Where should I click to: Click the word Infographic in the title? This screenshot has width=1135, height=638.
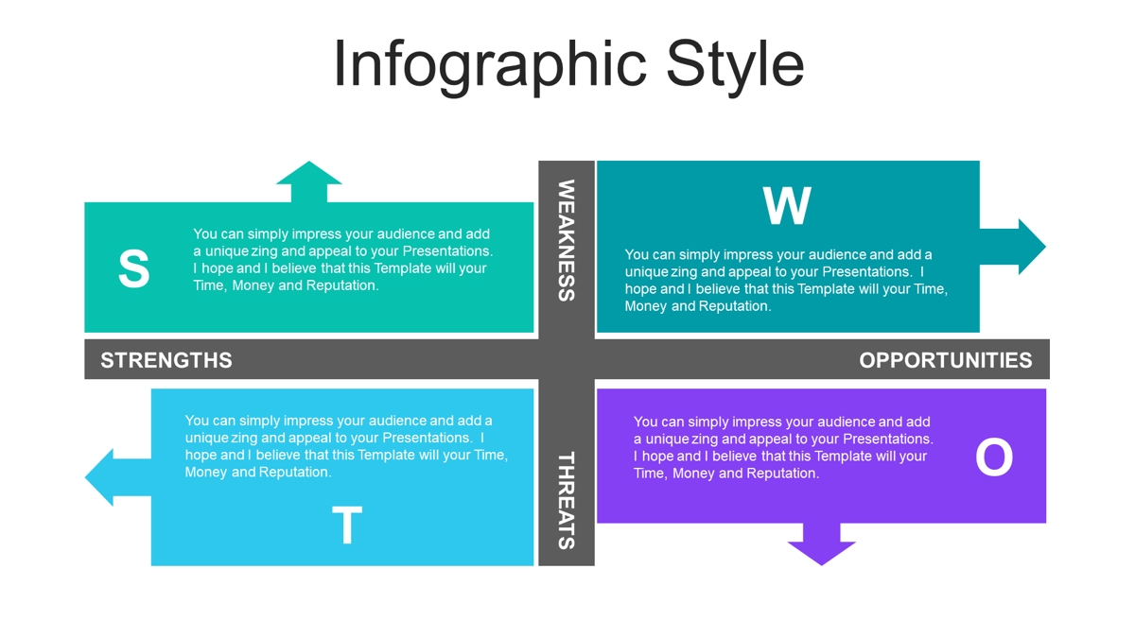pyautogui.click(x=490, y=66)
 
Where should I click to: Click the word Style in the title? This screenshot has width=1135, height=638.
pyautogui.click(x=735, y=66)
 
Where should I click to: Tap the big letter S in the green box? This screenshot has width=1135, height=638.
pyautogui.click(x=133, y=268)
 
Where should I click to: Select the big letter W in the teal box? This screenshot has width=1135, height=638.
pyautogui.click(x=787, y=205)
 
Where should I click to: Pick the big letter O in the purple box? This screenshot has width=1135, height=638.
pyautogui.click(x=994, y=457)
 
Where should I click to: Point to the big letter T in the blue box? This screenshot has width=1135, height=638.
pyautogui.click(x=347, y=525)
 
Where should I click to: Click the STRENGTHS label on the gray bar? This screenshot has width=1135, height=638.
pyautogui.click(x=166, y=360)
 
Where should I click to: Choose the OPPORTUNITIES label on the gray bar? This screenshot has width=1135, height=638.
pyautogui.click(x=946, y=360)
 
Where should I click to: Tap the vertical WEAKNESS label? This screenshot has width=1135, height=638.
pyautogui.click(x=567, y=240)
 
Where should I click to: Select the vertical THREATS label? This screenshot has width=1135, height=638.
pyautogui.click(x=567, y=500)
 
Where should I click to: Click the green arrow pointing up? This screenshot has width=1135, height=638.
pyautogui.click(x=309, y=181)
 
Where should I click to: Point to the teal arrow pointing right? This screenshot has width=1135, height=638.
pyautogui.click(x=1013, y=247)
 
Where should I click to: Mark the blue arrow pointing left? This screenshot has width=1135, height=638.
pyautogui.click(x=118, y=477)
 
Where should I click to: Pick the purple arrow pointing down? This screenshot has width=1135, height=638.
pyautogui.click(x=821, y=544)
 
